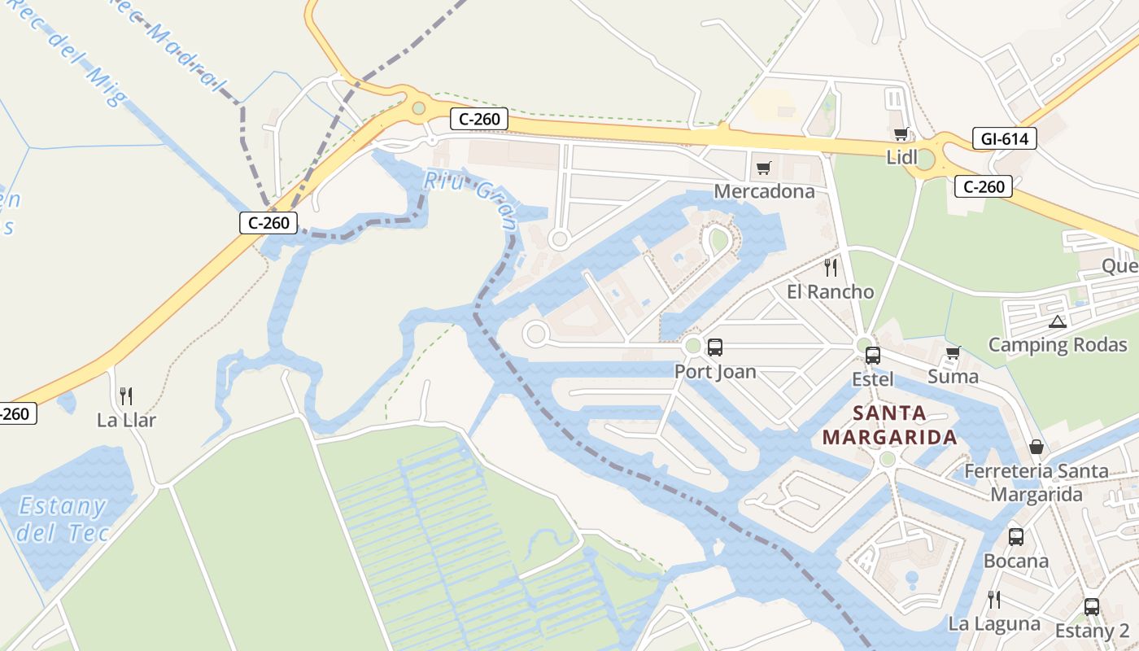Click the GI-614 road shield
click(1005, 139)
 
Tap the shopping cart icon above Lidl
click(901, 134)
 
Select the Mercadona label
click(764, 191)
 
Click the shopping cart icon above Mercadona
click(763, 168)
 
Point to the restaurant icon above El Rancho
click(830, 268)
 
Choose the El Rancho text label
click(830, 291)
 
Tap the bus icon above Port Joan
click(715, 347)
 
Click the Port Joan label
click(715, 372)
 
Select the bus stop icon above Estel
click(873, 355)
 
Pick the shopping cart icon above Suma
click(953, 353)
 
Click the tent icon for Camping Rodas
click(1057, 321)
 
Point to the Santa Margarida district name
click(889, 425)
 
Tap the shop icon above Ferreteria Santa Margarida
click(1036, 447)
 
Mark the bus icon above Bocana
click(1016, 537)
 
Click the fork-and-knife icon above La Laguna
click(993, 600)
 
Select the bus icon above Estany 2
click(1092, 607)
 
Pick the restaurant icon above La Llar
click(126, 396)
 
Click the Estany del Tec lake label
click(62, 519)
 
